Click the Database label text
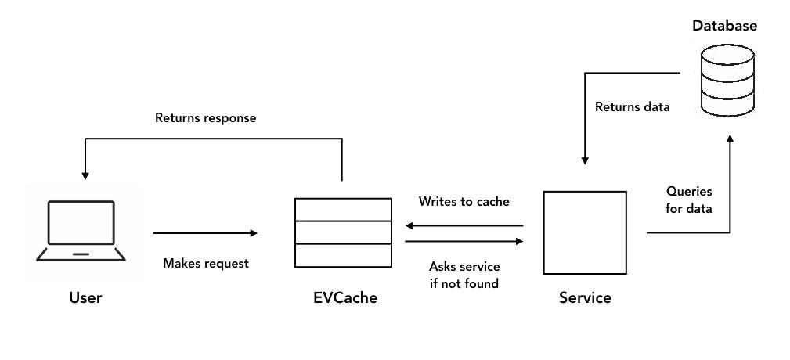tap(724, 26)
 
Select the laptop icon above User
tap(81, 231)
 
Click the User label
tap(85, 298)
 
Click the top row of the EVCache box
tap(342, 209)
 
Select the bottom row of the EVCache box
tap(342, 255)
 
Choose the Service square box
tap(584, 232)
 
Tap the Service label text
tap(585, 298)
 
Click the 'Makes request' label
tap(205, 264)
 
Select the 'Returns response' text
tap(206, 118)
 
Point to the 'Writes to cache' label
tap(464, 202)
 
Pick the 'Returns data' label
tap(632, 107)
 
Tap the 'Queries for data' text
tap(689, 199)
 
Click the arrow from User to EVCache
tap(205, 232)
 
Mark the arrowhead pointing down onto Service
tap(584, 159)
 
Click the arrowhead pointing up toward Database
tap(730, 139)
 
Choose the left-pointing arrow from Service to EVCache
tap(464, 225)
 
